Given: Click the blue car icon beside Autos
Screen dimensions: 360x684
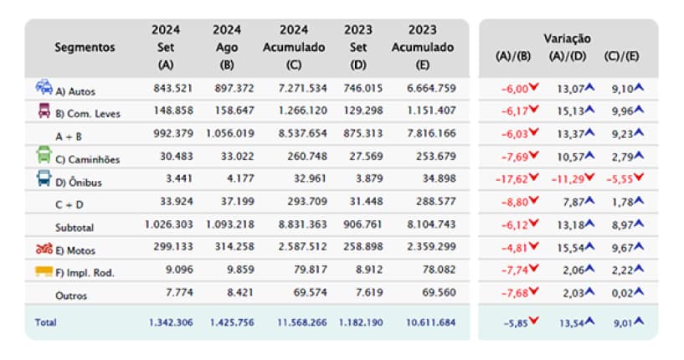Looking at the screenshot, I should pyautogui.click(x=44, y=87).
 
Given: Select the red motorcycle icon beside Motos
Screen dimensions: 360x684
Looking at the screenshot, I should pyautogui.click(x=44, y=248).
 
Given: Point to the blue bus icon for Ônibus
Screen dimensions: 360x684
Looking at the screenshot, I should pyautogui.click(x=44, y=178).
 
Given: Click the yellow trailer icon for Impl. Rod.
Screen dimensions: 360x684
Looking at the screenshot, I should pyautogui.click(x=44, y=270).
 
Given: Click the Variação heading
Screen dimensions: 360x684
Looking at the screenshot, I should pyautogui.click(x=567, y=39).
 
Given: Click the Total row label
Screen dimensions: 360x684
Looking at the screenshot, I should pyautogui.click(x=45, y=321).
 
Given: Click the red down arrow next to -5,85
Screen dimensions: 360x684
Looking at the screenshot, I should pyautogui.click(x=533, y=321).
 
